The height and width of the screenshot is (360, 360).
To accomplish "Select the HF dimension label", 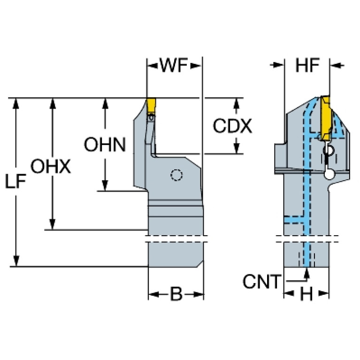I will pos(307,66).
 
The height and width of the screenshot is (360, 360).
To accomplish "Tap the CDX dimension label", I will pos(232,126).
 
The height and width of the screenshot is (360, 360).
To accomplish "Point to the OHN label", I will pos(105,145).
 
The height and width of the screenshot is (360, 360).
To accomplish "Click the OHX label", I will pos(51,166).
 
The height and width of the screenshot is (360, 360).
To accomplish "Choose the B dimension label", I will pos(176,294).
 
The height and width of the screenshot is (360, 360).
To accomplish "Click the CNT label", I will pos(261,282).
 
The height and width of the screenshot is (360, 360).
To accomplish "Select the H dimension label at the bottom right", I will pos(306,294).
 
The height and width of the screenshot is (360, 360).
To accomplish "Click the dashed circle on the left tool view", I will pos(176,175).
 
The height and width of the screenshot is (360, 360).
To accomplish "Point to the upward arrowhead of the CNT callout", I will pos(306,272).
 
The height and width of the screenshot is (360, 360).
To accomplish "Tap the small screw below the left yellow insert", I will pos(151,118).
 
